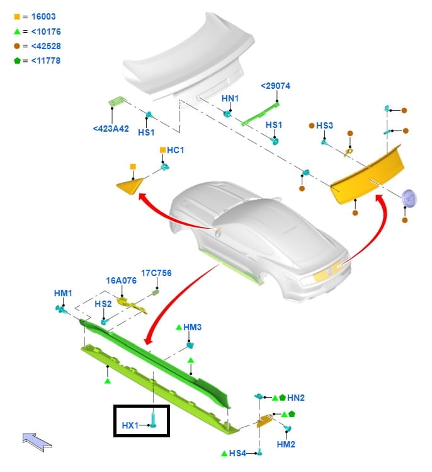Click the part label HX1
coord(130,425)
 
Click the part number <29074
coord(275,86)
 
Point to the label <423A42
coord(111,129)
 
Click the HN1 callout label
coord(230,99)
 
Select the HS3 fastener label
coord(324,126)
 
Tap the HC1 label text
coord(176,150)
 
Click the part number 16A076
coord(121,280)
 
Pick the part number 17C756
coord(156,273)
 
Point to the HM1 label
coord(63,293)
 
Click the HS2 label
coord(103,304)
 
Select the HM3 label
coord(192,327)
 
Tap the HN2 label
coord(295,398)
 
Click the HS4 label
coord(237,453)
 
